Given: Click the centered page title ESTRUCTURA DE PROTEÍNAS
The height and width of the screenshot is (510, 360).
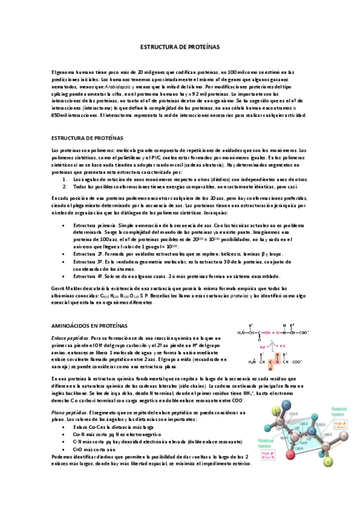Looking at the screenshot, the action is point(180,46).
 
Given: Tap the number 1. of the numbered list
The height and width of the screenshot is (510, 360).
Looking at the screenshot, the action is point(65,179).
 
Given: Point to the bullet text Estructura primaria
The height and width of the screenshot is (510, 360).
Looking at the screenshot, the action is point(94,224).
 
